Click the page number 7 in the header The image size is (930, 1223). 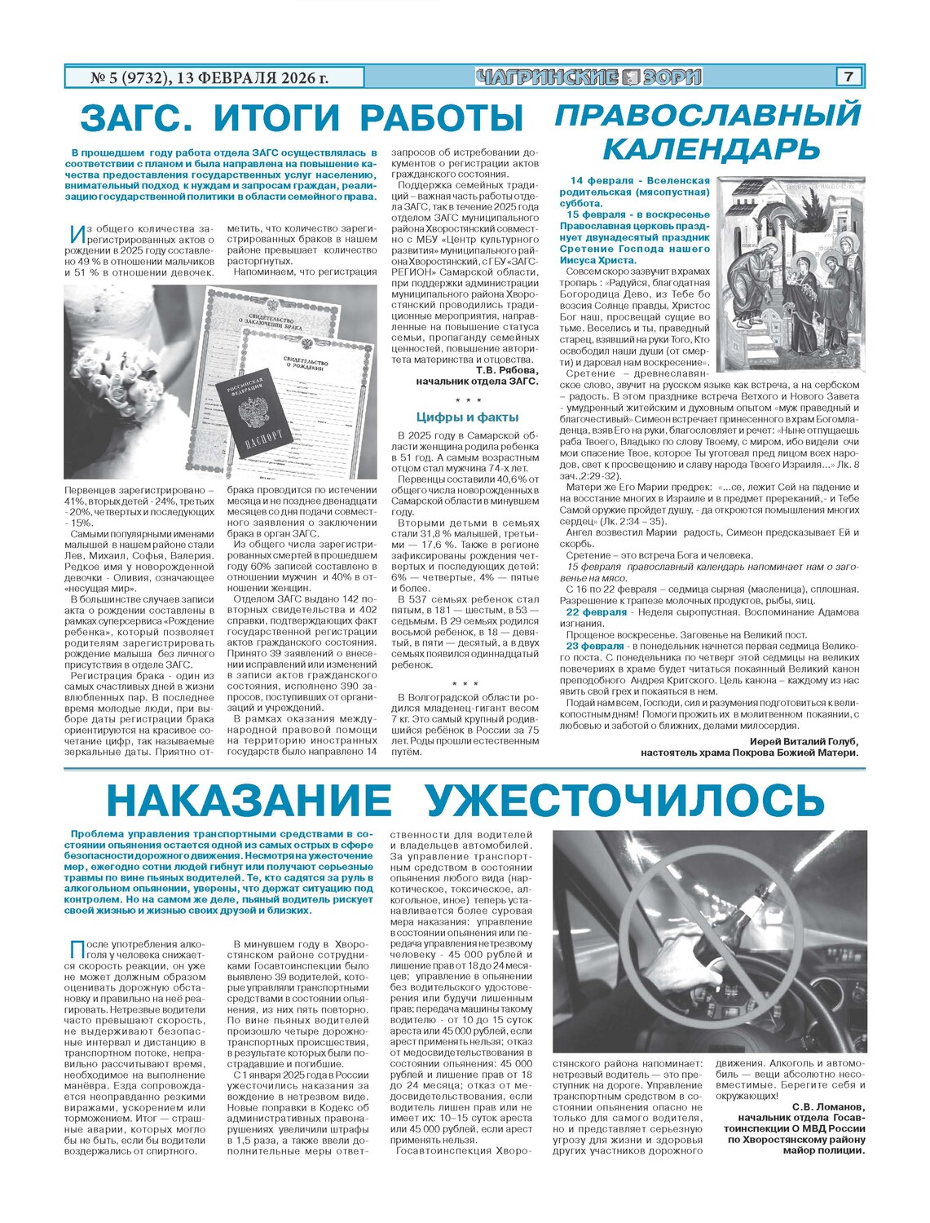click(x=848, y=77)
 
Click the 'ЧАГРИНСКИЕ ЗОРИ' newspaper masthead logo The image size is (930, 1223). click(x=588, y=77)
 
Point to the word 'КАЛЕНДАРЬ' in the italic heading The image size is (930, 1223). click(x=711, y=148)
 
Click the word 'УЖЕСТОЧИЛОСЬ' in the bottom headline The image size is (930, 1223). click(x=625, y=801)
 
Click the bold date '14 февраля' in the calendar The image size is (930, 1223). click(x=602, y=181)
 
